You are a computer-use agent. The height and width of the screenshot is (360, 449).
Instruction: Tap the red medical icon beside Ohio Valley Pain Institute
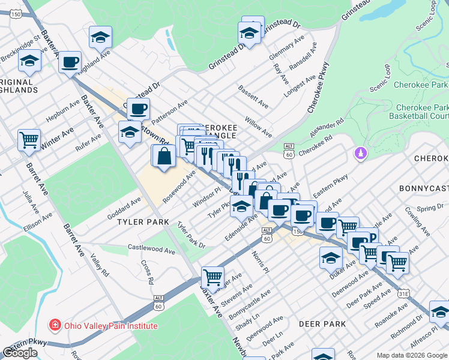[54, 326]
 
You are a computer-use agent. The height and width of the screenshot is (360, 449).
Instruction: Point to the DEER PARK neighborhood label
[322, 324]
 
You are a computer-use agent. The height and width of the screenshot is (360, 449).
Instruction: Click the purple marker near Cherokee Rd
[360, 154]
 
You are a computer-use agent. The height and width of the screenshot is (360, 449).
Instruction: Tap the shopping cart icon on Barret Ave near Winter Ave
[29, 140]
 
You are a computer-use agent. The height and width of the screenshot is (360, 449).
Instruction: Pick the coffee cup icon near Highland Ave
[70, 62]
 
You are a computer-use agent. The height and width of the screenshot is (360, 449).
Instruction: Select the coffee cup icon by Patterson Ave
[138, 109]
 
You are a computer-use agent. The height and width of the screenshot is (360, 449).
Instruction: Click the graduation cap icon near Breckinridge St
[29, 61]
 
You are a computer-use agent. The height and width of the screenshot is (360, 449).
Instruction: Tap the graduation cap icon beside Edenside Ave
[241, 206]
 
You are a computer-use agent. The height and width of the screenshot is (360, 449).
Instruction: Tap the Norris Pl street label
[263, 262]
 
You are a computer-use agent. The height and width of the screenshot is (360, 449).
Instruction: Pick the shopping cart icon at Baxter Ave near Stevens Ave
[212, 277]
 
